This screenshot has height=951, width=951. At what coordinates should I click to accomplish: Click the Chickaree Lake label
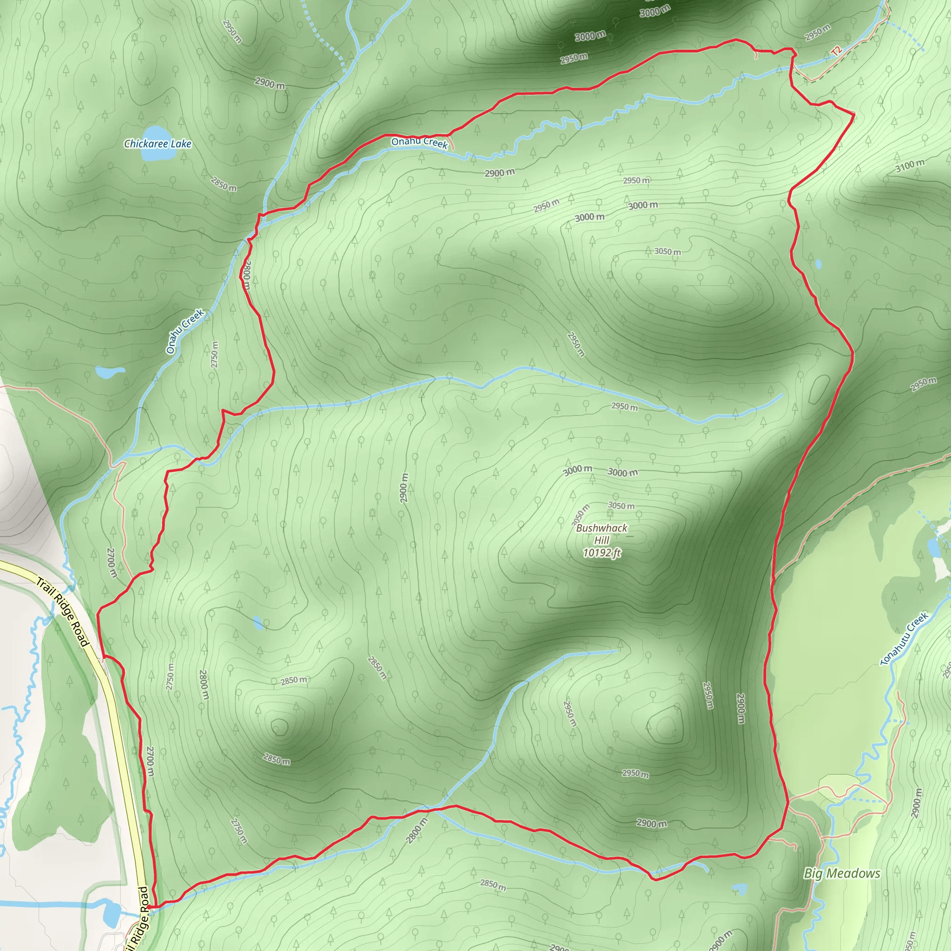click(157, 144)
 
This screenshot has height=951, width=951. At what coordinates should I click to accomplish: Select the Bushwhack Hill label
click(601, 534)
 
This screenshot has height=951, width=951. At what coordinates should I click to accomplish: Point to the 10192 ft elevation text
click(601, 553)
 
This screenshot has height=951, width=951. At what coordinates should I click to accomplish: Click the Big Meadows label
click(842, 873)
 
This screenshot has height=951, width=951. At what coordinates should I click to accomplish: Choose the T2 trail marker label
click(836, 51)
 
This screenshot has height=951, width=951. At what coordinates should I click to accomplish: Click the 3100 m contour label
click(910, 166)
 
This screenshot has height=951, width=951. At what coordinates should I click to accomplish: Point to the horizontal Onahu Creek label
click(419, 143)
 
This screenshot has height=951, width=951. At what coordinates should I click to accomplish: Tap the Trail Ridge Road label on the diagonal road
click(63, 612)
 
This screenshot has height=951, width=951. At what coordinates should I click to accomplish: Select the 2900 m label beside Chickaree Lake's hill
click(270, 83)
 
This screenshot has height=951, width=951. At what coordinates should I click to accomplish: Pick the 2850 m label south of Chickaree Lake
click(223, 183)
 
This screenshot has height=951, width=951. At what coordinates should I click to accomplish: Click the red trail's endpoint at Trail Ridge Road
click(148, 906)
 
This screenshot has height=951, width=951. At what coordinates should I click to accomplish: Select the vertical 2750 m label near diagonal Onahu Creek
click(214, 354)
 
